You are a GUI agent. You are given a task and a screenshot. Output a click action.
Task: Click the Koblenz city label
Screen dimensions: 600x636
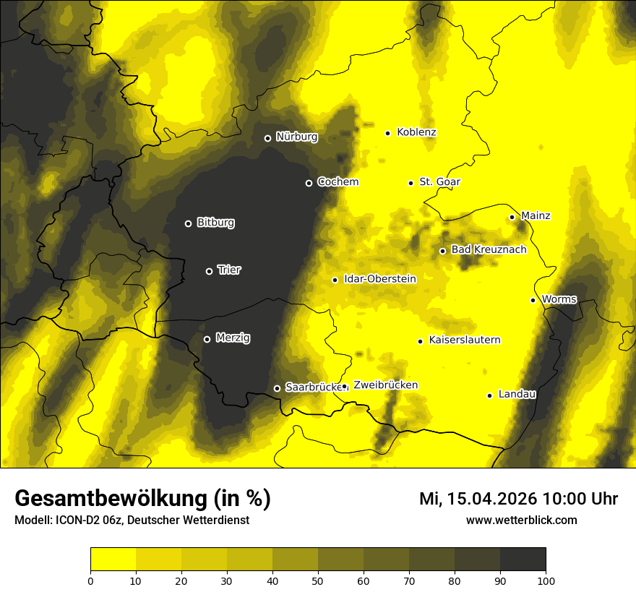click(416, 132)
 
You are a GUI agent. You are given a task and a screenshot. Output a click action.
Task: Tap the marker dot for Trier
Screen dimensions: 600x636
click(210, 271)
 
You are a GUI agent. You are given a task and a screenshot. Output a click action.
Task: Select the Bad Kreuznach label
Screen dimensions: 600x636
click(489, 249)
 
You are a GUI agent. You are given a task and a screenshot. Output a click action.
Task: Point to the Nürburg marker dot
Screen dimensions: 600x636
click(267, 138)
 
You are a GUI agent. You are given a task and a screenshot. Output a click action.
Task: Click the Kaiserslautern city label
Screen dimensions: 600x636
click(464, 340)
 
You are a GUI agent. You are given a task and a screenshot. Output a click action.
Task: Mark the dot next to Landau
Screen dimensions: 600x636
click(489, 395)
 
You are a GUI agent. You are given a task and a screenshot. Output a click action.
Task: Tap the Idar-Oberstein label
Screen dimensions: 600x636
click(380, 278)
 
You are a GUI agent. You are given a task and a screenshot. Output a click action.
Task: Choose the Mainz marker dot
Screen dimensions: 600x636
click(512, 217)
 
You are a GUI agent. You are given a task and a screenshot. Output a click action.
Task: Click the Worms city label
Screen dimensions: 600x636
click(559, 299)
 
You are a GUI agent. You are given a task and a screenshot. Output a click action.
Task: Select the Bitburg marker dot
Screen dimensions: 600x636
click(189, 223)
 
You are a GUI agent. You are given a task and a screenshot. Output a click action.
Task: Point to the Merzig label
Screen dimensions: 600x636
click(233, 338)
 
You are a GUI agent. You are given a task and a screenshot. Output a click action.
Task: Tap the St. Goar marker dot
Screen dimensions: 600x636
click(411, 183)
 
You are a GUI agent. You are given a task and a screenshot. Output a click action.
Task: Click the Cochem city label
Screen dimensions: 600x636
click(338, 181)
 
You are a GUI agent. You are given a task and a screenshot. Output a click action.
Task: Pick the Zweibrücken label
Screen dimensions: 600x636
click(385, 385)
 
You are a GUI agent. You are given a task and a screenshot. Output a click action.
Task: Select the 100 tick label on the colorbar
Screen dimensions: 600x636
click(546, 580)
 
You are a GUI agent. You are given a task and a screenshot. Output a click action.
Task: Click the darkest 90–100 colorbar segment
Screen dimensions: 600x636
click(523, 560)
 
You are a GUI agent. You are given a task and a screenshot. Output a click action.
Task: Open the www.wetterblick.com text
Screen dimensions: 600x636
click(521, 520)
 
